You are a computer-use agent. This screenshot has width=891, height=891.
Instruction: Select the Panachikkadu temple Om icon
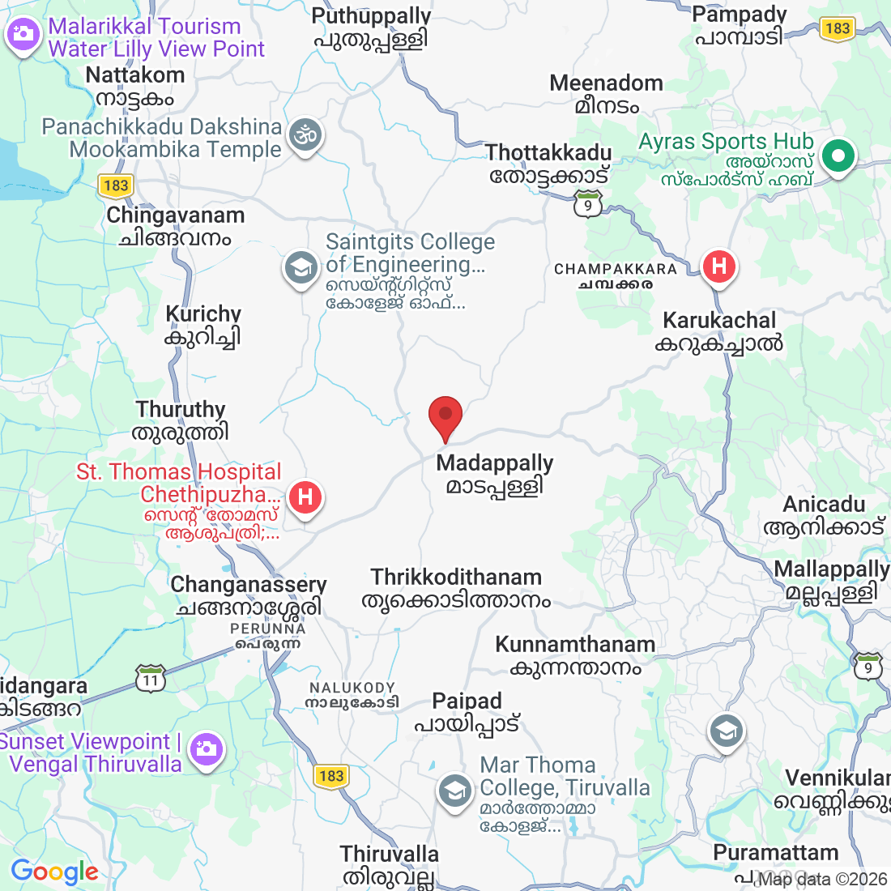coord(306,136)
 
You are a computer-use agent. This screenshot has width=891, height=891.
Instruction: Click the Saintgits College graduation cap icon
coord(301,267)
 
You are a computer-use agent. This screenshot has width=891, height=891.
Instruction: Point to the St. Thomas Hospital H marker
coord(305,496)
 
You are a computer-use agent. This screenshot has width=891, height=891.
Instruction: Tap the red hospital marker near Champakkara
coord(718,266)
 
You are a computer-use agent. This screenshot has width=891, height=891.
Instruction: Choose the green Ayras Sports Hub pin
coord(838,155)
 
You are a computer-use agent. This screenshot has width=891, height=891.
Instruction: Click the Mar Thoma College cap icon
coord(455,791)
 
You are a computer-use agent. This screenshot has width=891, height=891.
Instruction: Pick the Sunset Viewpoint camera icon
coord(207,748)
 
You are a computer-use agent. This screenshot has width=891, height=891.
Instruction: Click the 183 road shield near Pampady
coord(837,28)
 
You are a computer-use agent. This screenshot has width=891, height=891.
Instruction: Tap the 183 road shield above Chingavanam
coord(116,185)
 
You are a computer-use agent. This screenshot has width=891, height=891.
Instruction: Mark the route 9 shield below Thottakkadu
coord(588,205)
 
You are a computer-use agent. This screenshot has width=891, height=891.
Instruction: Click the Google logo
coord(54,872)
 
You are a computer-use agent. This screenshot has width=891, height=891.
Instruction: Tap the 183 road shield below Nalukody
coord(331,776)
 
